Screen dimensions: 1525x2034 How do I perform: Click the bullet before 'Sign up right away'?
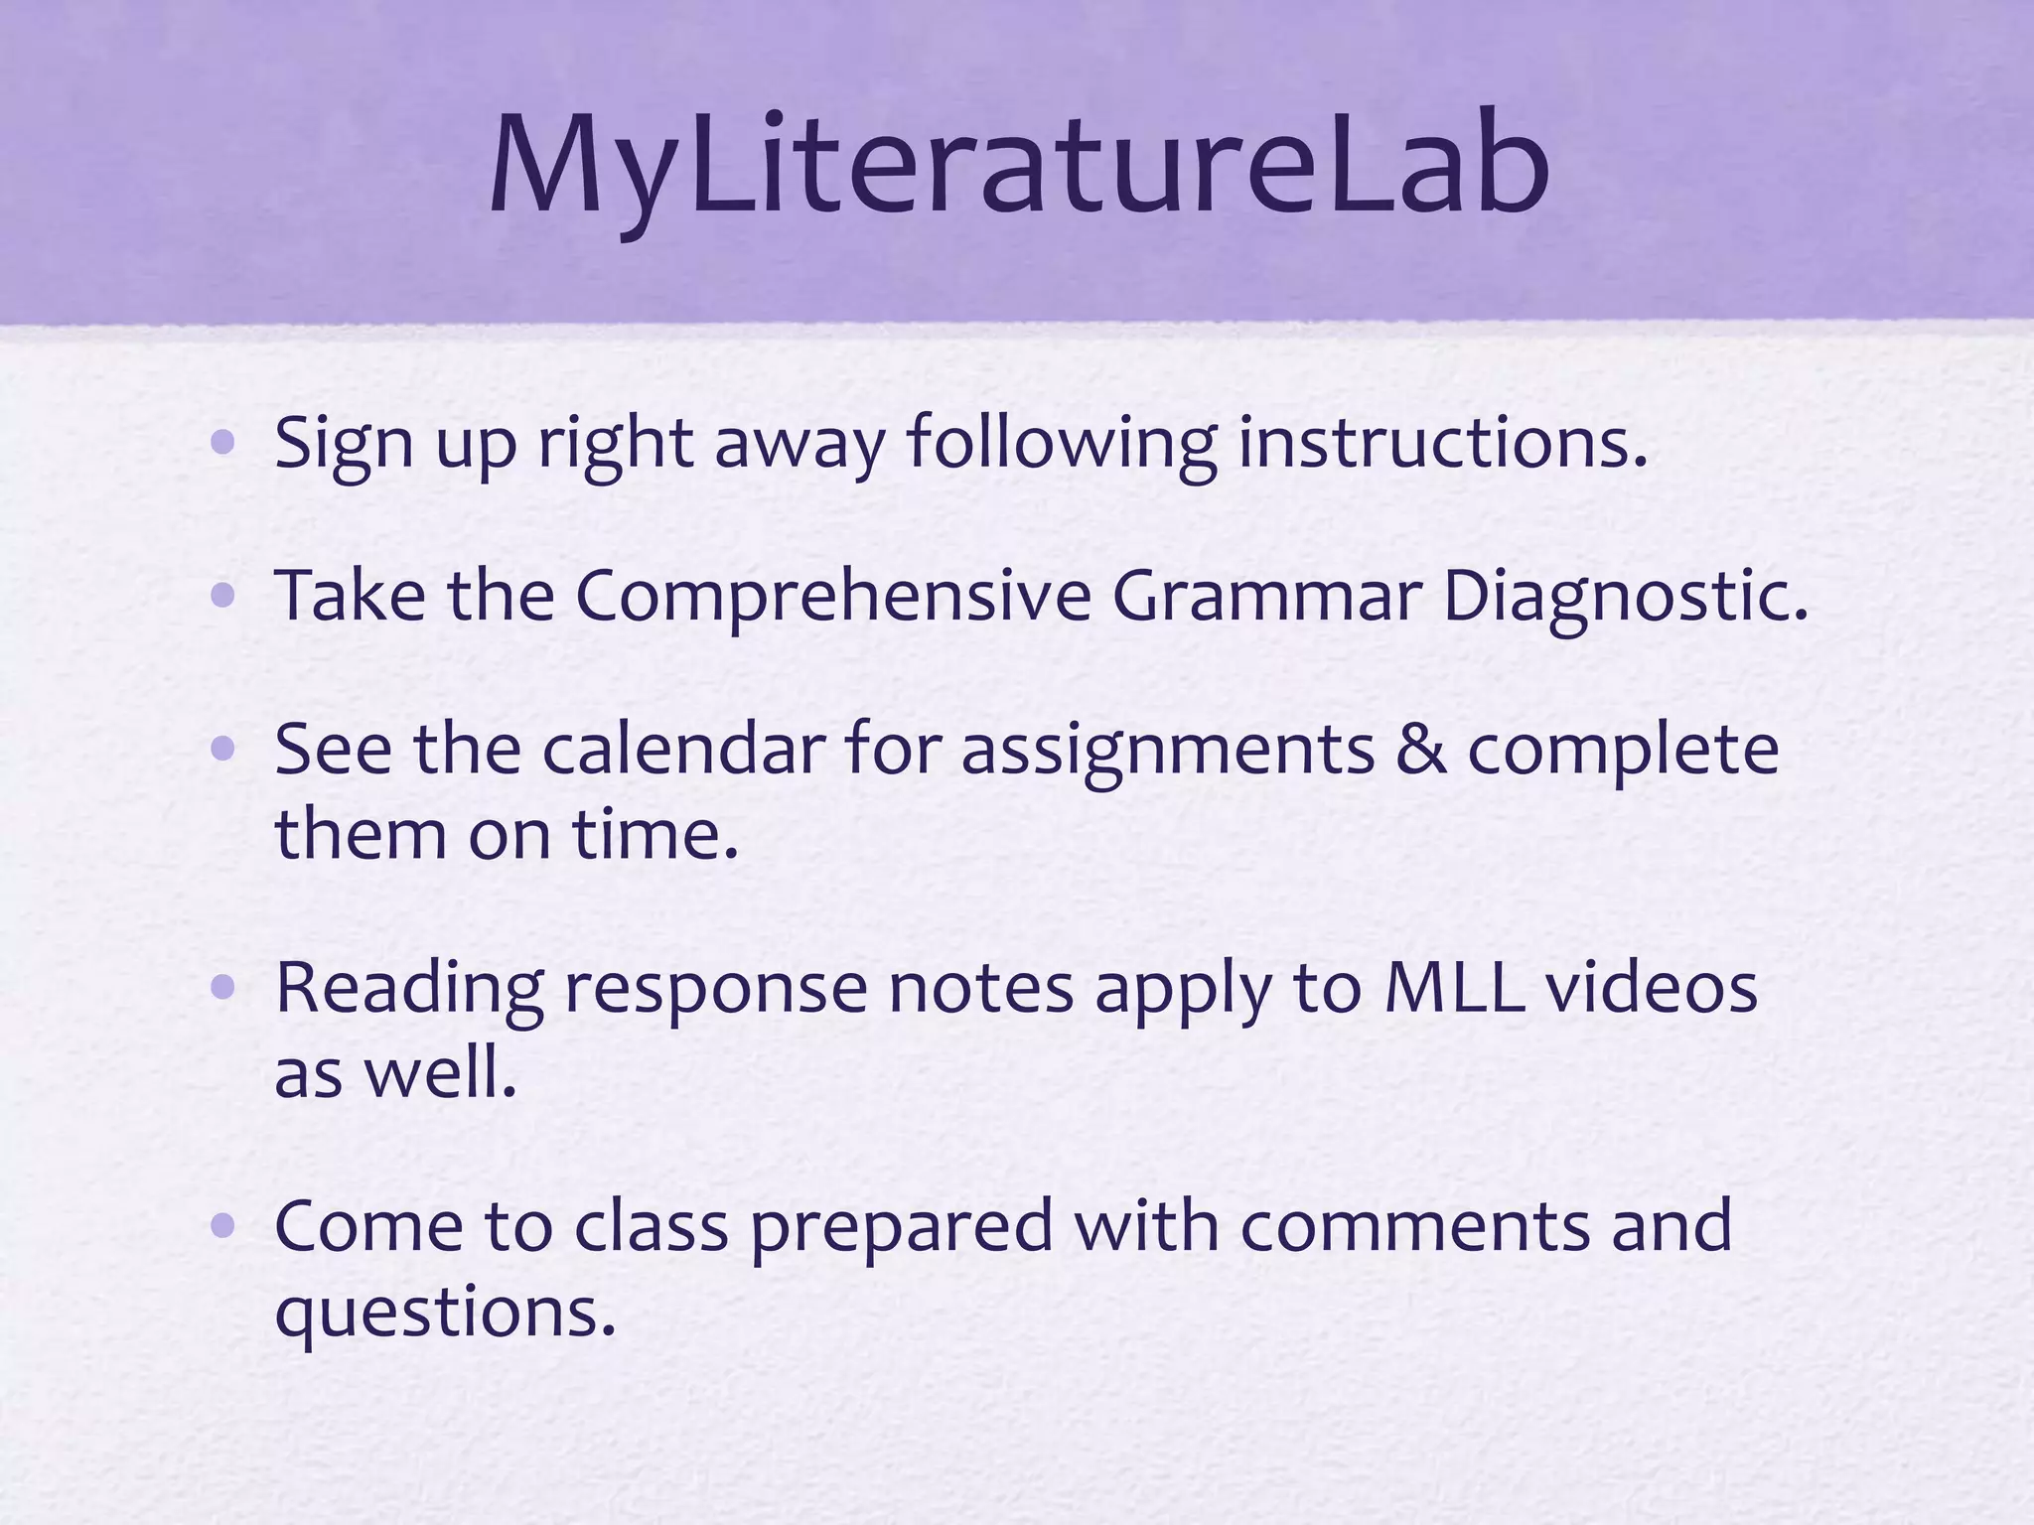coord(223,442)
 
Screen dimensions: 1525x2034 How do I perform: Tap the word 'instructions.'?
coord(1442,442)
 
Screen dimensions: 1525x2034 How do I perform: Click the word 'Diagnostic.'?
coord(1625,596)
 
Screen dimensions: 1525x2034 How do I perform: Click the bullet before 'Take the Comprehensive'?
coord(223,596)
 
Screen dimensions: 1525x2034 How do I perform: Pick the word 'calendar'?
coord(683,750)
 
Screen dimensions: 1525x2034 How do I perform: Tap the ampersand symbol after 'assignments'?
coord(1420,750)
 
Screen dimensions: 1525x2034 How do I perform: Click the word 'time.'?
coord(655,834)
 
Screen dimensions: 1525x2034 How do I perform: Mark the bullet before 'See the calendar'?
coord(223,750)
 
